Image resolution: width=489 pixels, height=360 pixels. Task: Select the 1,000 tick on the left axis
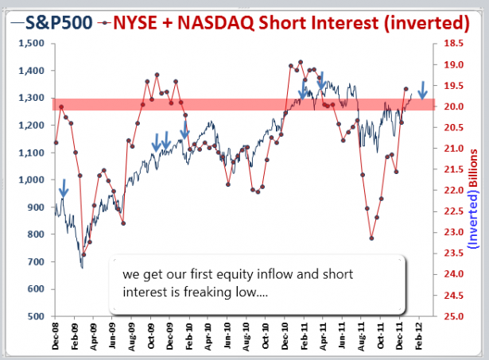tap(33, 180)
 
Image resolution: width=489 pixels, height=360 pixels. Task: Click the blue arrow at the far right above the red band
tap(423, 88)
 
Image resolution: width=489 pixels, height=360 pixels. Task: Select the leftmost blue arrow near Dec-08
tap(64, 188)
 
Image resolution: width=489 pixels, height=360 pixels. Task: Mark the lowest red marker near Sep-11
tap(371, 238)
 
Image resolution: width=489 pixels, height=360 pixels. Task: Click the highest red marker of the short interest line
tap(300, 62)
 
